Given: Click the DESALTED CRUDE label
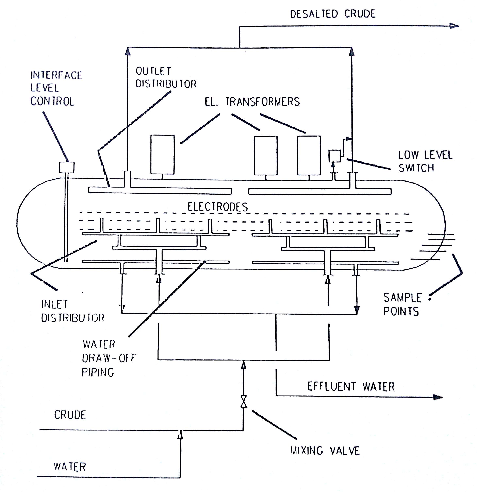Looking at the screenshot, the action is click(x=333, y=14).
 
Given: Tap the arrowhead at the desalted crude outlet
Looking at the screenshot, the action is click(x=454, y=26).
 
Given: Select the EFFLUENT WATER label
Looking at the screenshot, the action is click(x=351, y=387).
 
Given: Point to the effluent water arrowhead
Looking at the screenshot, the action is click(x=438, y=397).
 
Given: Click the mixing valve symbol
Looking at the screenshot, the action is click(x=243, y=402).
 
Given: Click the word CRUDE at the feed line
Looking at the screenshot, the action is click(x=70, y=415).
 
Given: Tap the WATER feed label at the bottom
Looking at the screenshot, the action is click(x=70, y=467).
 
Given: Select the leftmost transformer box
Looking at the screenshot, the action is click(x=163, y=154).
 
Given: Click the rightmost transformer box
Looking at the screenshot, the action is click(x=309, y=155).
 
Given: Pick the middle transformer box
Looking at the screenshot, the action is click(x=266, y=155).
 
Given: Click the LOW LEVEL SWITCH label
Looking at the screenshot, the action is click(x=425, y=161).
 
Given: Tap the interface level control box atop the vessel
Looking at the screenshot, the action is click(x=67, y=167).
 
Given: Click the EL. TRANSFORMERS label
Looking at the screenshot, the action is click(x=252, y=102).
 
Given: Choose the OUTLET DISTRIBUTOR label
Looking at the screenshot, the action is click(x=166, y=77).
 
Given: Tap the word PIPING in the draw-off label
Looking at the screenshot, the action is click(x=98, y=372).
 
